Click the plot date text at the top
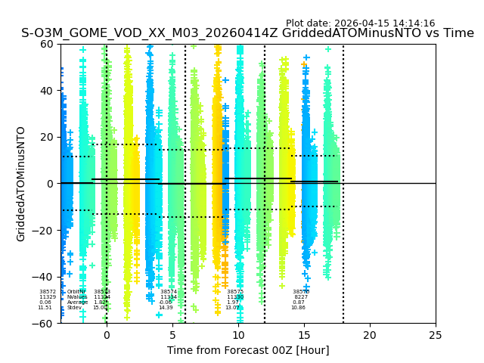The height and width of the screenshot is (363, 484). point(360,23)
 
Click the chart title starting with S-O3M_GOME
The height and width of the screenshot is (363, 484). point(247,33)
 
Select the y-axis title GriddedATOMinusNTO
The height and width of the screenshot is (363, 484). point(21,184)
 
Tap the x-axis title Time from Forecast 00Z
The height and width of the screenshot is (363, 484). point(248,350)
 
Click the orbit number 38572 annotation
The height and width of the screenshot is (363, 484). point(48,292)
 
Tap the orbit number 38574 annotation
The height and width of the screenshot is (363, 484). point(169,292)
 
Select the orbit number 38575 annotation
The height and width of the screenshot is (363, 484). point(235,292)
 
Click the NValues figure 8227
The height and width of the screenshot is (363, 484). point(301,297)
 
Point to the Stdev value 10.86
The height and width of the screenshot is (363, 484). point(298,308)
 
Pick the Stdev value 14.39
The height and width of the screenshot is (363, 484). point(166,308)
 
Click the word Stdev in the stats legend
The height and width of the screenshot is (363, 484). point(74,308)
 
